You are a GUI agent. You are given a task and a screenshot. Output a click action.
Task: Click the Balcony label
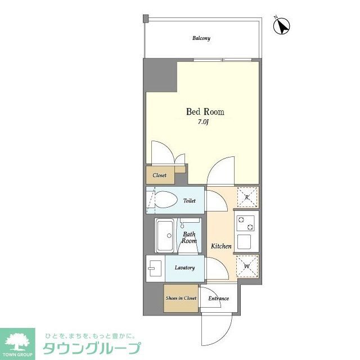point(201,38)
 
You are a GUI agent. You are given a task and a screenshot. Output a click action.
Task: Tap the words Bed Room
point(201,111)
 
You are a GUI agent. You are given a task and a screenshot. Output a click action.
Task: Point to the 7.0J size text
point(202,121)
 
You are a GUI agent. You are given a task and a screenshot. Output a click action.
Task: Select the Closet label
point(159,175)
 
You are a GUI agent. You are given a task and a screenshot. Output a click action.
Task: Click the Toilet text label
point(188,200)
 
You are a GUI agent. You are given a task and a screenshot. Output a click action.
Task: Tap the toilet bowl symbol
point(166,200)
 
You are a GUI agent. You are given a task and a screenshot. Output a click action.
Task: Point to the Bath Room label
point(189,237)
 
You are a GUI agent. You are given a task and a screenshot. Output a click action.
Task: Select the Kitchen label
point(221,246)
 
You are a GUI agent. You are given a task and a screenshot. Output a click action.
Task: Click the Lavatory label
point(184,268)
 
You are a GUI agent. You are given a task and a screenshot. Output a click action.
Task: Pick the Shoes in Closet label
point(181,298)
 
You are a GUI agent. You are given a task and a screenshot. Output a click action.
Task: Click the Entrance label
point(218,298)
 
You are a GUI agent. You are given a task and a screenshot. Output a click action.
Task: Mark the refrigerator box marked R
point(246,197)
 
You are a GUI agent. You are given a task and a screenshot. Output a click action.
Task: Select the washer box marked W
point(246,265)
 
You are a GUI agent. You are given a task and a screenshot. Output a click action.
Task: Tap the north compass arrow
point(281,25)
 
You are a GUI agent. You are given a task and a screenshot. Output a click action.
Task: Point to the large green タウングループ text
point(92,348)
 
